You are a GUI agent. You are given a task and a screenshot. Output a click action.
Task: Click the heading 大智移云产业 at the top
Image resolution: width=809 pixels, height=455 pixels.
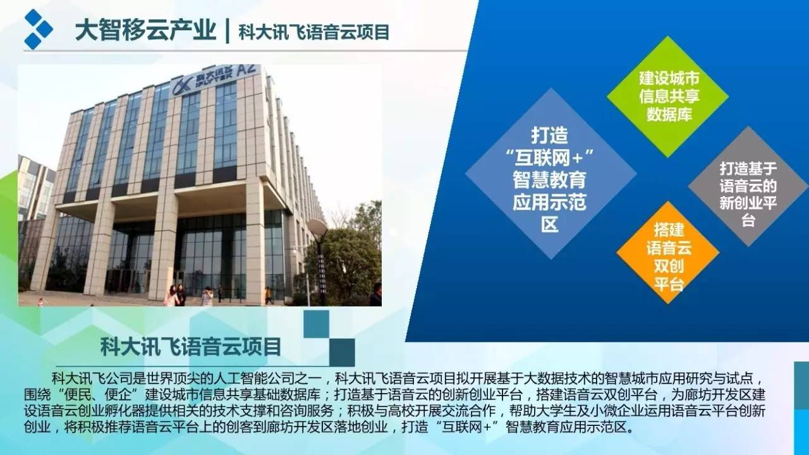tap(145, 31)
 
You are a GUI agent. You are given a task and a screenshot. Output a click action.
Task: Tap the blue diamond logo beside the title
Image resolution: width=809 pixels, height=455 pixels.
tap(39, 29)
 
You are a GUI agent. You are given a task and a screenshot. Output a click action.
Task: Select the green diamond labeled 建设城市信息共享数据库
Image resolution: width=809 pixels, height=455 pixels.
tap(668, 97)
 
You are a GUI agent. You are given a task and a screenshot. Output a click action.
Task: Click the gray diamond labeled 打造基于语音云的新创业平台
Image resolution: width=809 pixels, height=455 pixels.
tap(748, 186)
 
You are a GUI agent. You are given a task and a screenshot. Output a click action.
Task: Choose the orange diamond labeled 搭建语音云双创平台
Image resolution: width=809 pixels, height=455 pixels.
tap(668, 252)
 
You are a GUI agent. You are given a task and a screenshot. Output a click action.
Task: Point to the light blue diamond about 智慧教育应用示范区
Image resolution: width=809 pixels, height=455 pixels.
tap(550, 174)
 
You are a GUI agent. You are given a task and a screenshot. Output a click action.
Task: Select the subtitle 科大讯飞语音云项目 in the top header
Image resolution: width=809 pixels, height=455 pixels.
tap(314, 32)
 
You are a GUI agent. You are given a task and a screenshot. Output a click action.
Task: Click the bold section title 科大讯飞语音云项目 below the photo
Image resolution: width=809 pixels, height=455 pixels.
tap(191, 347)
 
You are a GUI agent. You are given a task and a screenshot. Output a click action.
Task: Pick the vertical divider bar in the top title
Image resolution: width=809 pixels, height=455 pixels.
tap(227, 31)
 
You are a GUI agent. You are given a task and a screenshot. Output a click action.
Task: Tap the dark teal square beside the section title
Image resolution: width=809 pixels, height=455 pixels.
tap(342, 353)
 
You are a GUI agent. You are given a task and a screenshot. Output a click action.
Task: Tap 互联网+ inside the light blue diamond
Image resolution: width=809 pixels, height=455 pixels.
tap(549, 158)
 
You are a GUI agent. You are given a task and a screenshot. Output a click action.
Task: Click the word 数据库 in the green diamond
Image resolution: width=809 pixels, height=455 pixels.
tap(669, 114)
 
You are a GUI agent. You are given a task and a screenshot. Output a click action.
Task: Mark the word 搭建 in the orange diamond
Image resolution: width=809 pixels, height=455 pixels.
tap(669, 229)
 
